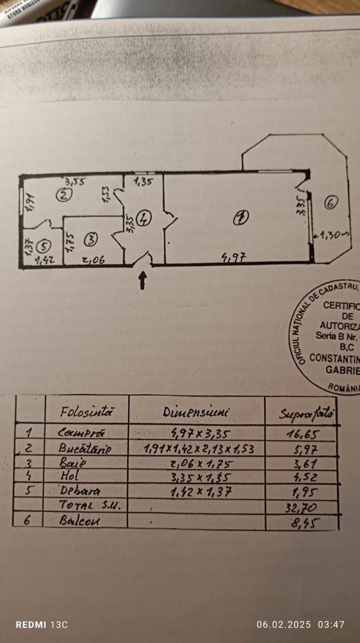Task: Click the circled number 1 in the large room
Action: point(239,219)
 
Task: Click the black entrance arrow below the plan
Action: point(142,280)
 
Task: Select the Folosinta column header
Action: point(86,411)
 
